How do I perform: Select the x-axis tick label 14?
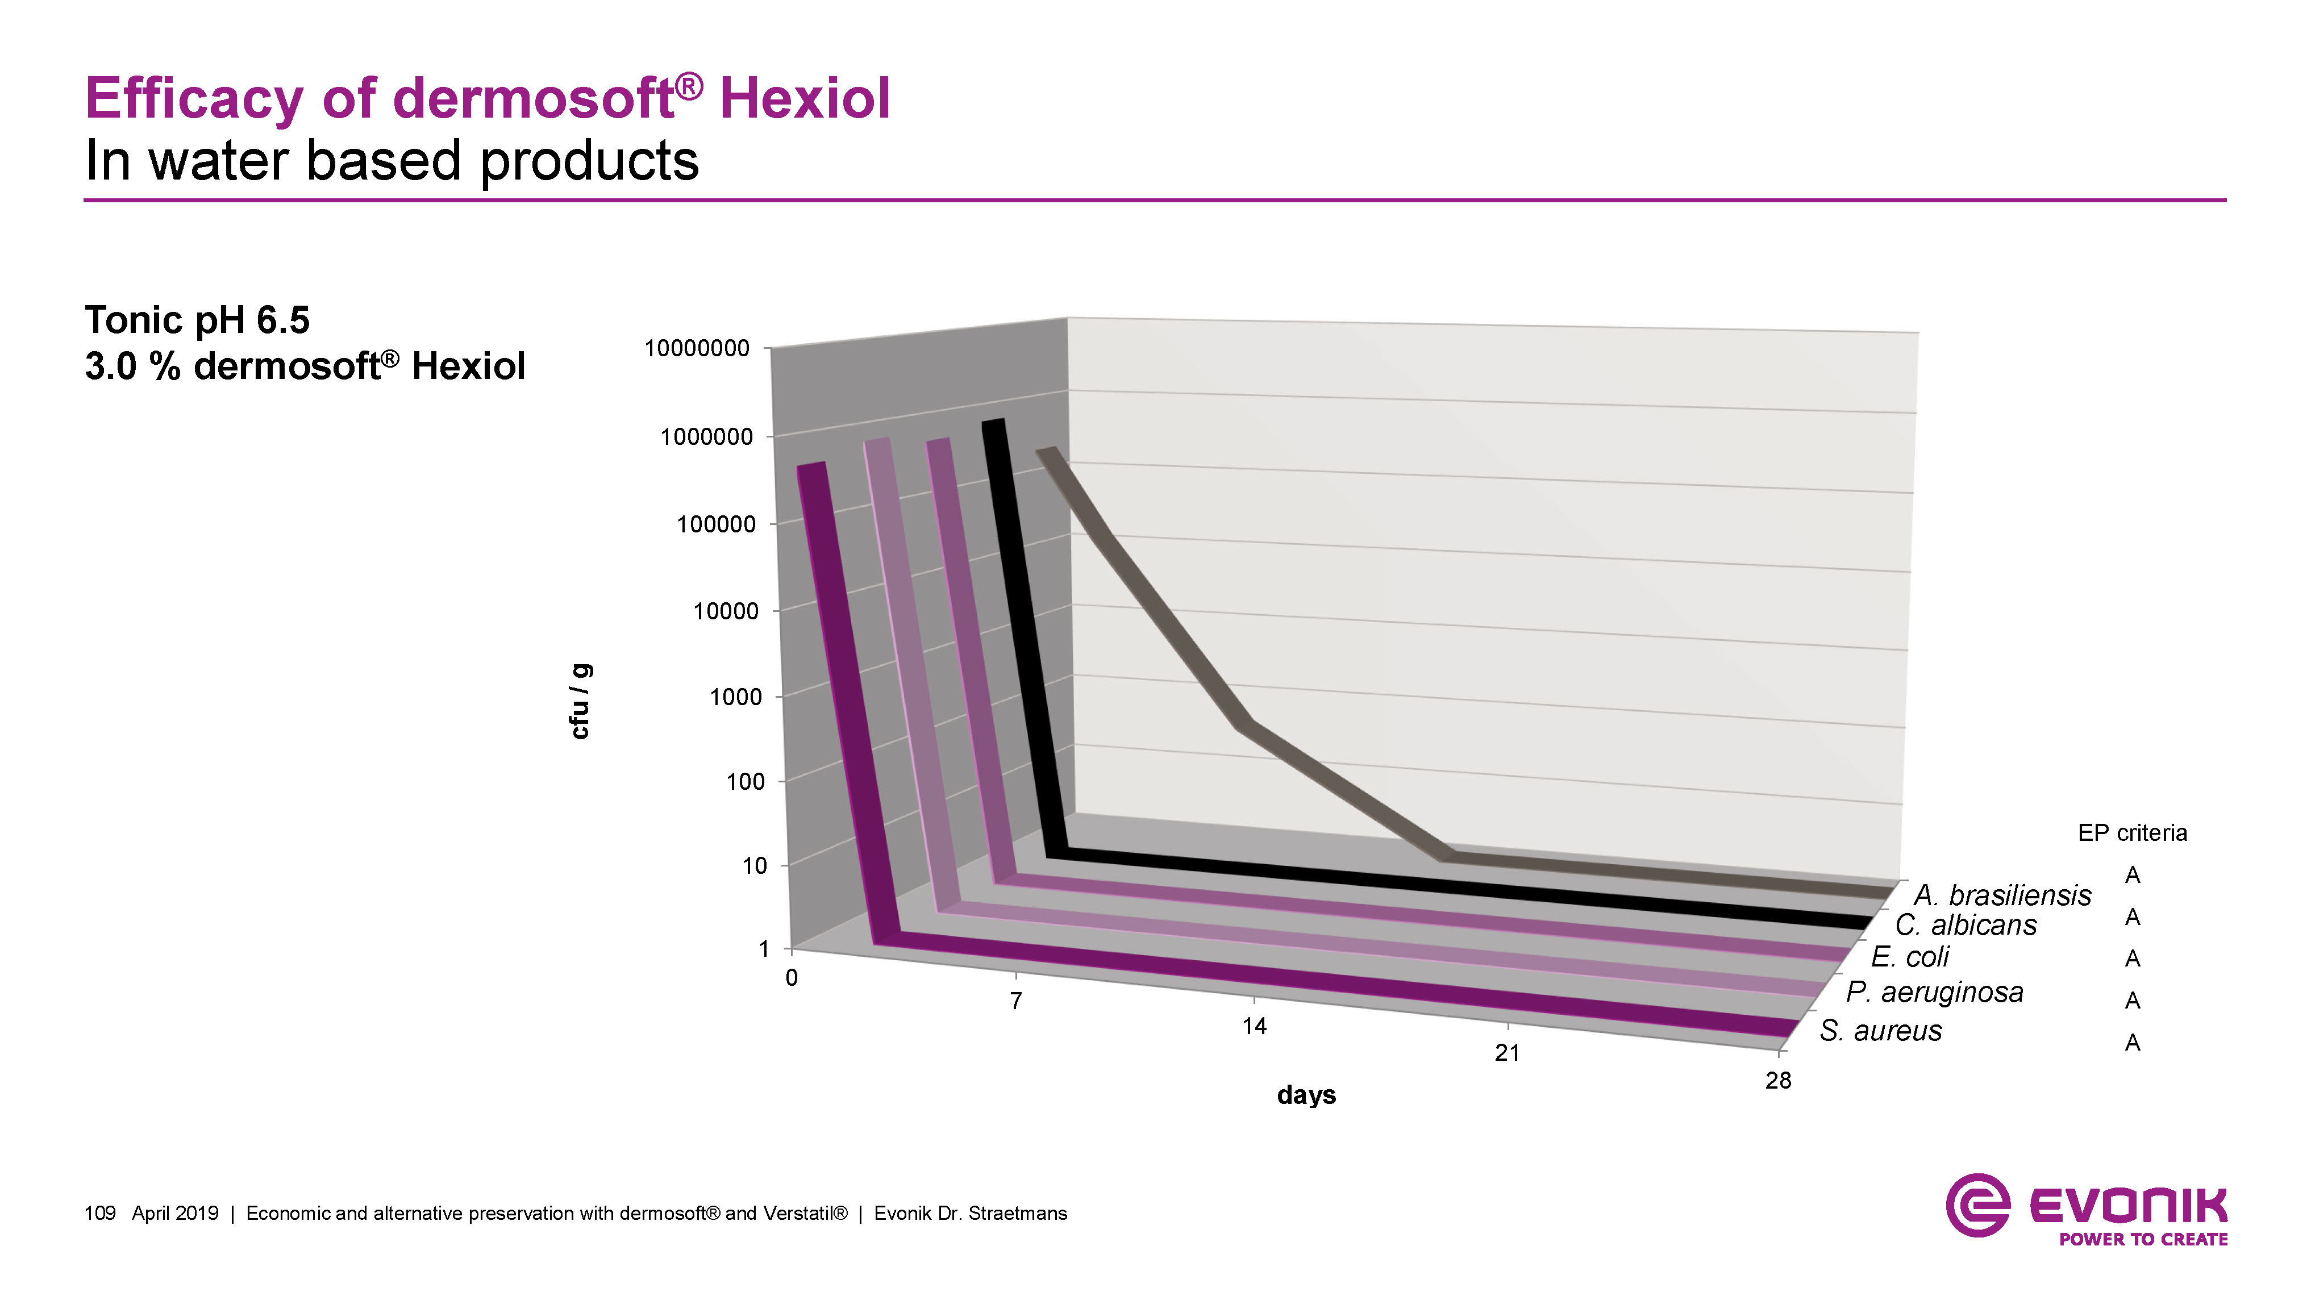click(x=1254, y=1026)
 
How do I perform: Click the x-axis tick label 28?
click(x=1777, y=1081)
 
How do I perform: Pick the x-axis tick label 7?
click(x=1015, y=1001)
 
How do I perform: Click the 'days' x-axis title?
click(x=1306, y=1095)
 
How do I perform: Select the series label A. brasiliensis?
click(x=2002, y=895)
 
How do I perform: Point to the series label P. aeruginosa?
click(x=1934, y=992)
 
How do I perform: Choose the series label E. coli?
click(x=1910, y=957)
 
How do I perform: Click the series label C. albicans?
click(x=1966, y=925)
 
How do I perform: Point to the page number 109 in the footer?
click(x=99, y=1214)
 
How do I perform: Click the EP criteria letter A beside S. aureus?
click(x=2133, y=1043)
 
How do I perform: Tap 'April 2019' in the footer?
click(x=175, y=1214)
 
